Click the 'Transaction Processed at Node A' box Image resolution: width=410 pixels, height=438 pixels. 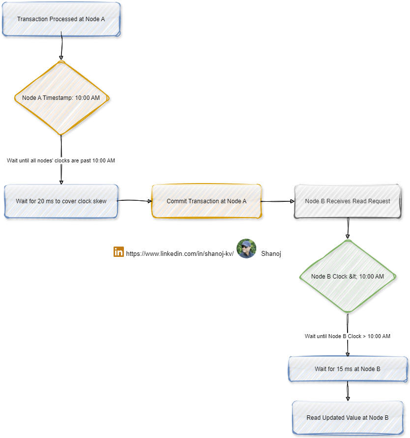point(61,19)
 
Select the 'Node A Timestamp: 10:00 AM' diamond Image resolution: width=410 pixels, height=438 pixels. point(61,98)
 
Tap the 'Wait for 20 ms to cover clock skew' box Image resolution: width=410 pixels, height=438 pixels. point(61,201)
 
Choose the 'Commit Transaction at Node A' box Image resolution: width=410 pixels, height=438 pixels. point(206,201)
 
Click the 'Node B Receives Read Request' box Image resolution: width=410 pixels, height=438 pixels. point(348,201)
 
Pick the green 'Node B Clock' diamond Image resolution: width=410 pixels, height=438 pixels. point(348,277)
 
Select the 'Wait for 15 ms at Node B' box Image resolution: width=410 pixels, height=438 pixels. point(348,369)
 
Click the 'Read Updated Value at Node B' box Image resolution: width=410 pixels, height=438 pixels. point(348,418)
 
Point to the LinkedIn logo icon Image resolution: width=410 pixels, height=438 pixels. point(118,251)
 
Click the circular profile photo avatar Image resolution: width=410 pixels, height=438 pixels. point(246,249)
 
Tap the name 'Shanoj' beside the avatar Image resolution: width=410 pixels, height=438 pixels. point(271,254)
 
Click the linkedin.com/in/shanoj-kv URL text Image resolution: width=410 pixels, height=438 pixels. point(179,254)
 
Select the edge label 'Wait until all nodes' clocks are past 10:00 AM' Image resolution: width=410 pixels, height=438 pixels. point(61,161)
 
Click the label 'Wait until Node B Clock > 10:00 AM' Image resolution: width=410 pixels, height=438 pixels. point(348,336)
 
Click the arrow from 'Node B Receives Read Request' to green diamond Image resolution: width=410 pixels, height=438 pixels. point(348,228)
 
